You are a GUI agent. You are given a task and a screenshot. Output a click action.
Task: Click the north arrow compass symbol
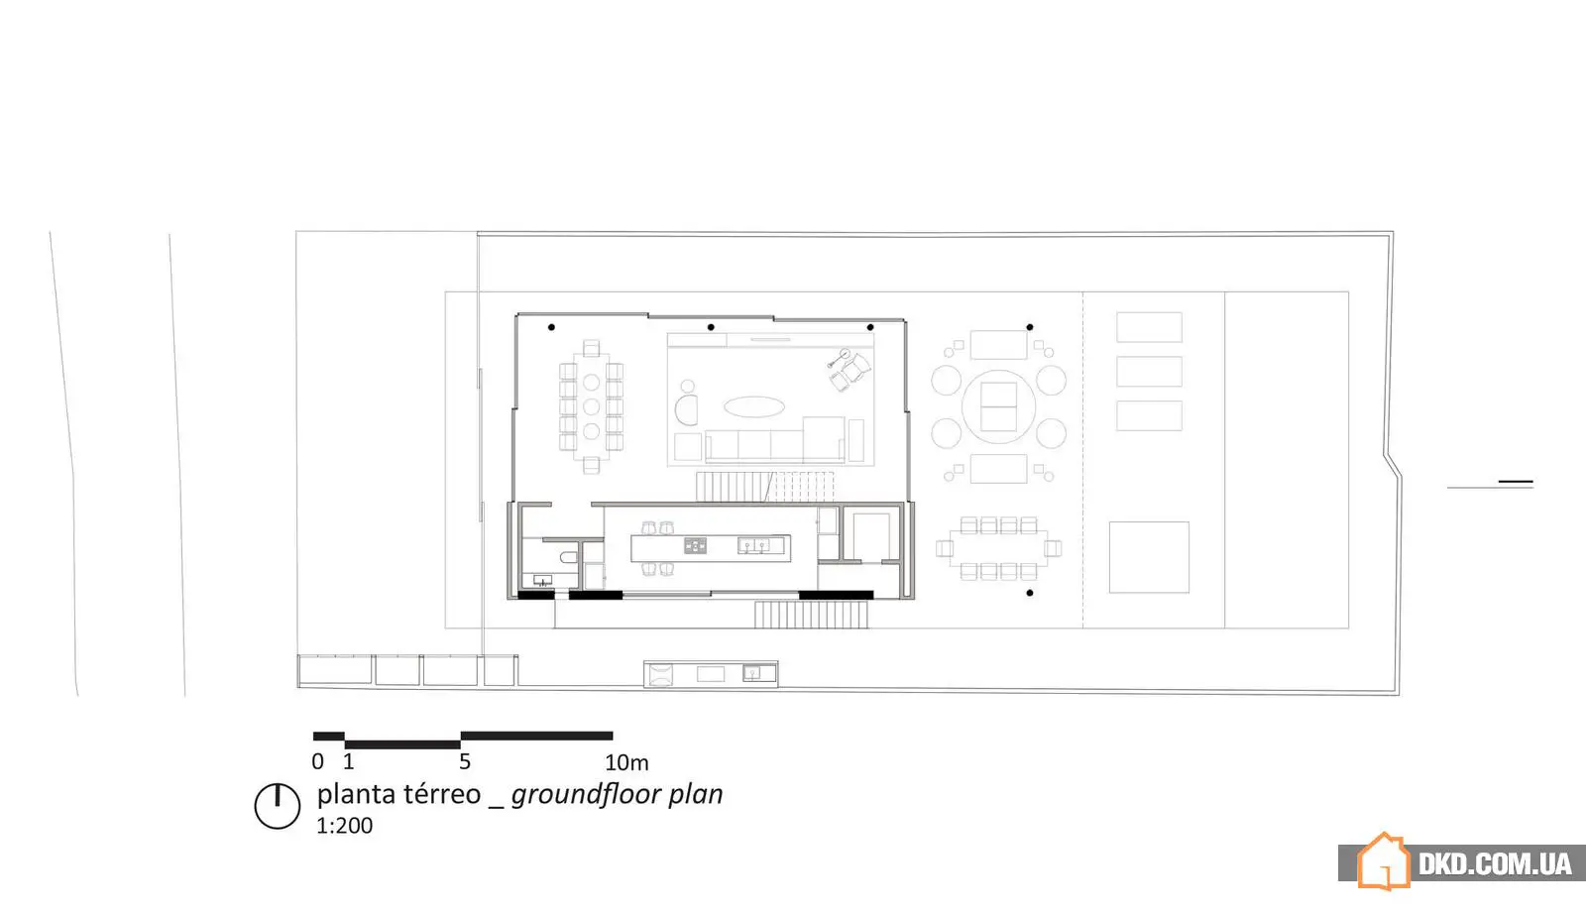click(277, 806)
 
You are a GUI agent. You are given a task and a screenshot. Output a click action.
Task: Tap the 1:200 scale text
click(344, 826)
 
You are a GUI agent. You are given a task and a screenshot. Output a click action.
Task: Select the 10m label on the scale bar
click(626, 762)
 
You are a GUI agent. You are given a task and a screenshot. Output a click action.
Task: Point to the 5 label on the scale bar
click(465, 761)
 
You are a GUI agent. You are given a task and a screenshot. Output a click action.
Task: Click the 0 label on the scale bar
click(318, 761)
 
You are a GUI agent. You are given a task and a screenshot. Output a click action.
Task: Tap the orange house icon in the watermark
click(1384, 861)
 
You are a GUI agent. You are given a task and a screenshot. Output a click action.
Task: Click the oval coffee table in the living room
click(754, 406)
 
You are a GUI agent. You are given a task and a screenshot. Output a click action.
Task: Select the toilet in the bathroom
click(569, 557)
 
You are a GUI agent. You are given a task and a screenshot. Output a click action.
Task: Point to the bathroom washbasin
click(542, 580)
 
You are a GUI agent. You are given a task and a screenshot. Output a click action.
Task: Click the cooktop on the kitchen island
click(695, 545)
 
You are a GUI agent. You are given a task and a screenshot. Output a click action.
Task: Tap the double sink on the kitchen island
click(753, 544)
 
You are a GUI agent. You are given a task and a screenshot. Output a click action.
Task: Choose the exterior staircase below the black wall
click(811, 615)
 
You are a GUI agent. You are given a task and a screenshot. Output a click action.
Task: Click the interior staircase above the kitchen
click(765, 487)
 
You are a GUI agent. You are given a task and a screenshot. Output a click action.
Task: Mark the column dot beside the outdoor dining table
click(1030, 593)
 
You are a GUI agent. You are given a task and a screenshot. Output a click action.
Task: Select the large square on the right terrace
click(1149, 557)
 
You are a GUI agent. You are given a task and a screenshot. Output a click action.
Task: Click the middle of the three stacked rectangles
click(1149, 372)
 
